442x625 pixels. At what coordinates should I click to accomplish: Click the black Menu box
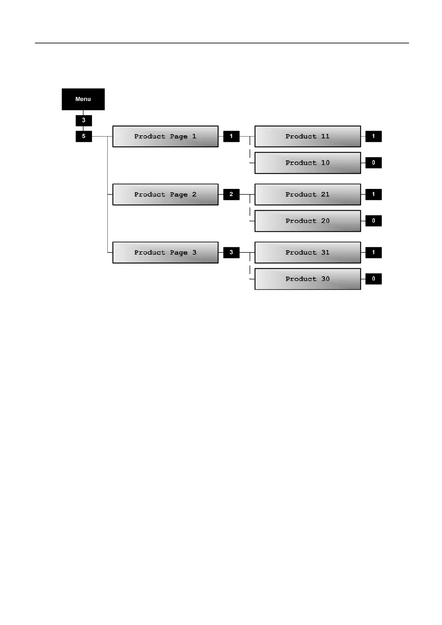83,99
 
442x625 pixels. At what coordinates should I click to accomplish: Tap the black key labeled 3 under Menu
84,120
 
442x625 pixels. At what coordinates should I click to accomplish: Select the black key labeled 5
84,136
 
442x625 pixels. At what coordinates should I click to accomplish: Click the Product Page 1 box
165,137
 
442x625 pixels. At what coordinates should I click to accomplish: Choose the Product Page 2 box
165,194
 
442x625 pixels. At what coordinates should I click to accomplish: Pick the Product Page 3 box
165,253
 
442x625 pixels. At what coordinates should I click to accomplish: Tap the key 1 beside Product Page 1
231,136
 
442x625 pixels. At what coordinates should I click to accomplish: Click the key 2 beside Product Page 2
231,194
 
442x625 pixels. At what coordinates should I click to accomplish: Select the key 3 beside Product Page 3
231,252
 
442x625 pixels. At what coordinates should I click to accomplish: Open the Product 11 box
308,137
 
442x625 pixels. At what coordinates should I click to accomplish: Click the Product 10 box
308,163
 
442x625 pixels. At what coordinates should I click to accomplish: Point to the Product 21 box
308,194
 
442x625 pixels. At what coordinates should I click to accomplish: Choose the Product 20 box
308,221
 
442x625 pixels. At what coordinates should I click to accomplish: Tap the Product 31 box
308,253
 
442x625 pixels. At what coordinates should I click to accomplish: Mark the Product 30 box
308,279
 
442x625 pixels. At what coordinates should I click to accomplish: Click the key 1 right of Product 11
373,136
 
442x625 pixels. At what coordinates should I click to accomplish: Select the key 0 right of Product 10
373,163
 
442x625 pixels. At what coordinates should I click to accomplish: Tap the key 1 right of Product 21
373,194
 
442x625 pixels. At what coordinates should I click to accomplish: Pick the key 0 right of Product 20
373,221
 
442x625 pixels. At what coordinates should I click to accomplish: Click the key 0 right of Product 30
373,279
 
